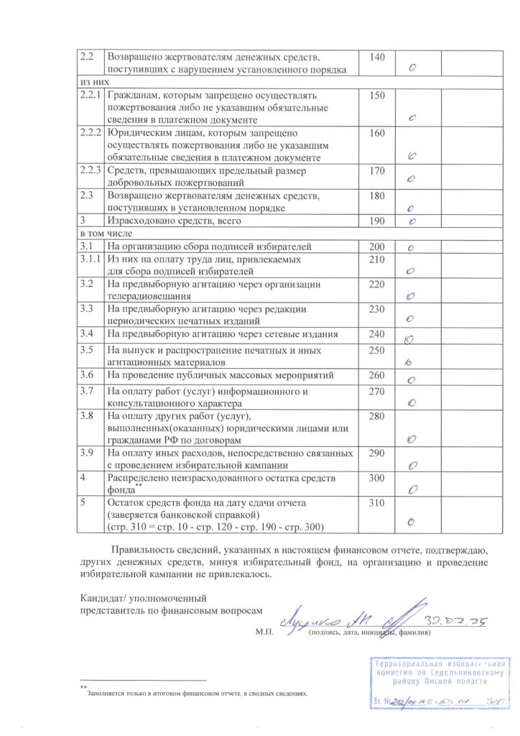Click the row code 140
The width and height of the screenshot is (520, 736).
pos(377,57)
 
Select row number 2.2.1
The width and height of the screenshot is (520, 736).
pos(91,95)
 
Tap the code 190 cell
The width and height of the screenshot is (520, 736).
pos(377,221)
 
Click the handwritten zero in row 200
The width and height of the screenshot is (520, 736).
pos(412,248)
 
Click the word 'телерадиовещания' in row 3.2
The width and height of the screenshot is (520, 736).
pos(149,295)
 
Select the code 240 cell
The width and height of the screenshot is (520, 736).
pos(377,334)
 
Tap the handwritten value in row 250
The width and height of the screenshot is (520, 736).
pos(408,363)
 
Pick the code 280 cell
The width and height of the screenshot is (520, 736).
pos(377,416)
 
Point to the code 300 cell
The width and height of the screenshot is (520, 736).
pos(377,478)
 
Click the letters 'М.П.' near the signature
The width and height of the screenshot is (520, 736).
pos(263,633)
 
